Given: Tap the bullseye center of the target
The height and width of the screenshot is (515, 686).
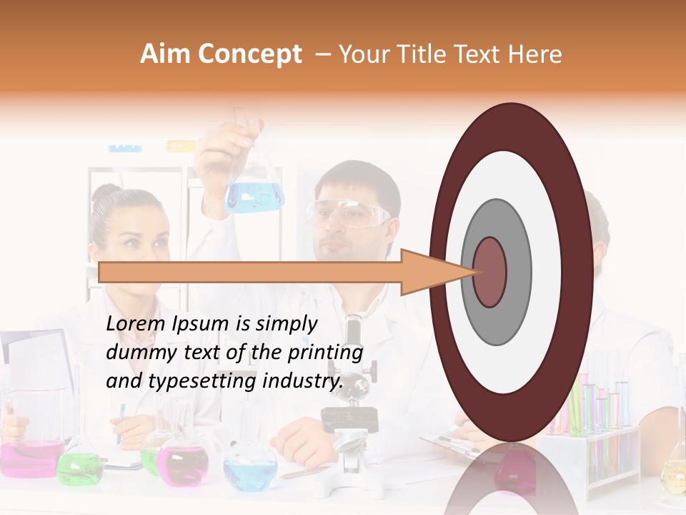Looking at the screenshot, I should (x=489, y=272).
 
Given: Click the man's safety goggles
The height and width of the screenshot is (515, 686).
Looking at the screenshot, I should (x=348, y=212).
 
